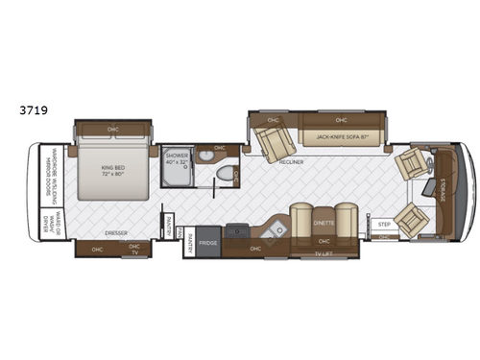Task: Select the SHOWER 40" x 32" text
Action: [177, 157]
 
